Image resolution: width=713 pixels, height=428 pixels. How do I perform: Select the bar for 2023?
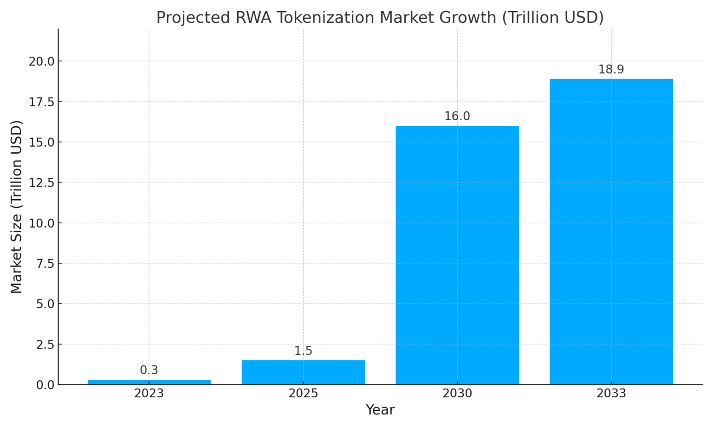(x=149, y=382)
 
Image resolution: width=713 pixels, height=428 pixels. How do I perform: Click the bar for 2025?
(x=303, y=372)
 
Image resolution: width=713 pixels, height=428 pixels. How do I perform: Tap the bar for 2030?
(x=457, y=255)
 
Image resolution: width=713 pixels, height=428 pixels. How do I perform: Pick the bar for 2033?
(x=611, y=232)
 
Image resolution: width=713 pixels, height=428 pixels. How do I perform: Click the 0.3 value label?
(x=149, y=370)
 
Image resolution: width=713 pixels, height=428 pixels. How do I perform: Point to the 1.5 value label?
(x=303, y=351)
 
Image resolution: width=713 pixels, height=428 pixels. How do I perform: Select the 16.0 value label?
(x=457, y=117)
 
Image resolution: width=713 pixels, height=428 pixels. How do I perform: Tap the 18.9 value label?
(x=611, y=70)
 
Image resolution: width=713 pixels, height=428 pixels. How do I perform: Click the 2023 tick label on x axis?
(x=149, y=394)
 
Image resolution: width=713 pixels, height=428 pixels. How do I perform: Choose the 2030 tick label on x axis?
(x=457, y=394)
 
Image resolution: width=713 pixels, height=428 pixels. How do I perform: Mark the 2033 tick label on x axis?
(x=611, y=394)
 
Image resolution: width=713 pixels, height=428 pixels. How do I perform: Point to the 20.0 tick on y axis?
(x=42, y=61)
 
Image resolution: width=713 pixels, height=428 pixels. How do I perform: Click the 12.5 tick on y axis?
(x=42, y=183)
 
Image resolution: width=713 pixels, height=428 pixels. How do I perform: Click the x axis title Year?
(x=380, y=410)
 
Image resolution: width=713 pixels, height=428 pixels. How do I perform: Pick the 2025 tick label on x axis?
(x=303, y=394)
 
